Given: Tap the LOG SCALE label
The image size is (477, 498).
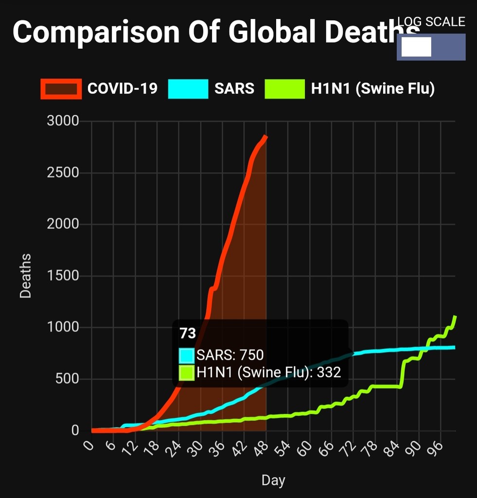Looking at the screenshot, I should pyautogui.click(x=431, y=22).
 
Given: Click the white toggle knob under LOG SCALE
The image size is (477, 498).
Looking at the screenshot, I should pyautogui.click(x=416, y=47).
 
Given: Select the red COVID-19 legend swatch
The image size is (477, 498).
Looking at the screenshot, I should pyautogui.click(x=61, y=89).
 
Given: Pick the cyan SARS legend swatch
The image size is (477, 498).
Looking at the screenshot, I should pyautogui.click(x=188, y=89).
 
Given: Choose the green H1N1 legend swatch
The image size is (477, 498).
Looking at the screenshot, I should pyautogui.click(x=284, y=89).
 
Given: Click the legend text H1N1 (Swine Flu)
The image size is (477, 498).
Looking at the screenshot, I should pyautogui.click(x=372, y=89).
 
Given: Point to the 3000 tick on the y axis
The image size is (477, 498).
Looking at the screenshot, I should pyautogui.click(x=63, y=121).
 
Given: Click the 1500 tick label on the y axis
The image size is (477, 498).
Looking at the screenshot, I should pyautogui.click(x=63, y=276).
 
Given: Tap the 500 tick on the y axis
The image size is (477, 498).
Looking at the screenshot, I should pyautogui.click(x=67, y=379).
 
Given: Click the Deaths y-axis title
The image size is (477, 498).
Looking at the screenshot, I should pyautogui.click(x=25, y=276).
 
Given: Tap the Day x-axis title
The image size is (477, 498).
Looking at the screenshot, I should pyautogui.click(x=273, y=480).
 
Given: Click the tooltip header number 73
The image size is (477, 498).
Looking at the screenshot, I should pyautogui.click(x=188, y=334).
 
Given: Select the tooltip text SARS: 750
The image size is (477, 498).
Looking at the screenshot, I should pyautogui.click(x=230, y=355).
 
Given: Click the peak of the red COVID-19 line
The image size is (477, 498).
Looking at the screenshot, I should pyautogui.click(x=266, y=137).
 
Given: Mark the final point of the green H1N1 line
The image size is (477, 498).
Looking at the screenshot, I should pyautogui.click(x=455, y=317).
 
